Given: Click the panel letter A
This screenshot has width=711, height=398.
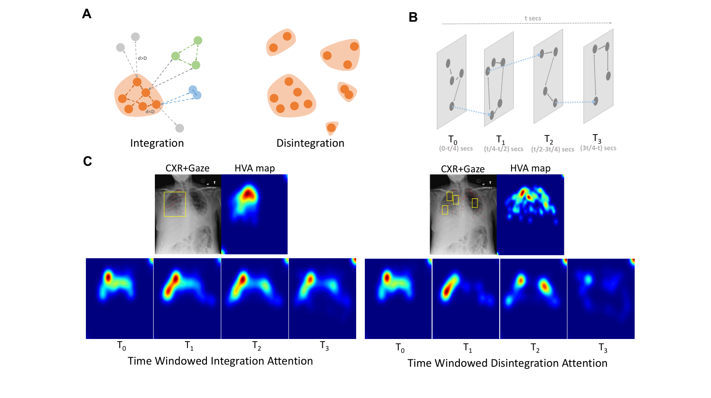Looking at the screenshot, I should [x=87, y=14].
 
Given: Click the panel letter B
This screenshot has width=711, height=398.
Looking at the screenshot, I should [x=413, y=17].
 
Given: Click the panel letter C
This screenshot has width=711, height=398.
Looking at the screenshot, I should [x=87, y=161].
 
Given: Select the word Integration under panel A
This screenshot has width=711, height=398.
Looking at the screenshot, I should [x=157, y=143].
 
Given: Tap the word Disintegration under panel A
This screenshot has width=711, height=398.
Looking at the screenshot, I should [x=310, y=143].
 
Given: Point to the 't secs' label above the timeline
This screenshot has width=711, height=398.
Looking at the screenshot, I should [x=533, y=18].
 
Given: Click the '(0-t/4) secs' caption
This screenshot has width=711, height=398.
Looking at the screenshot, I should [x=455, y=148].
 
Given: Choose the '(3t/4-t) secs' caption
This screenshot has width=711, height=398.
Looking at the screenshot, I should [x=598, y=148].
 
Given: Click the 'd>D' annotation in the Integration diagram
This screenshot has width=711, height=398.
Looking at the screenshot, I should [x=142, y=58].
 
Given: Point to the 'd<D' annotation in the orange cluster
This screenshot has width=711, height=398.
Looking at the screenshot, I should [x=150, y=112].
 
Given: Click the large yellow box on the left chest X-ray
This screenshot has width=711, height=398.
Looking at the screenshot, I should [x=175, y=204].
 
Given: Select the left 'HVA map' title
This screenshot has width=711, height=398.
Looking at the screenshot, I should [x=255, y=168].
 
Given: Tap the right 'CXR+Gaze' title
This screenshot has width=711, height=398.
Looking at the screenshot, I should [x=462, y=169].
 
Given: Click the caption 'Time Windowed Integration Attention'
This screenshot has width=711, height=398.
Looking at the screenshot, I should [x=220, y=361].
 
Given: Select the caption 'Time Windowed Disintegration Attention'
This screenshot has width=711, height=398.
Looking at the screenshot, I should [x=507, y=363].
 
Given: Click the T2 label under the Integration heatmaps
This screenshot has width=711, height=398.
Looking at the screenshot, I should [x=257, y=346].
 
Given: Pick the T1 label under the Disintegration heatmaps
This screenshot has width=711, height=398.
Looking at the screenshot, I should [x=468, y=348].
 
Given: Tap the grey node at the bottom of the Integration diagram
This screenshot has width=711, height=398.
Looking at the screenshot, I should [x=180, y=128].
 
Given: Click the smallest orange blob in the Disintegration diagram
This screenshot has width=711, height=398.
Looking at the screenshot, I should [x=331, y=128].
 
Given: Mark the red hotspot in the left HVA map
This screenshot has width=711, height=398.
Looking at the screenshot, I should [x=249, y=194].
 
